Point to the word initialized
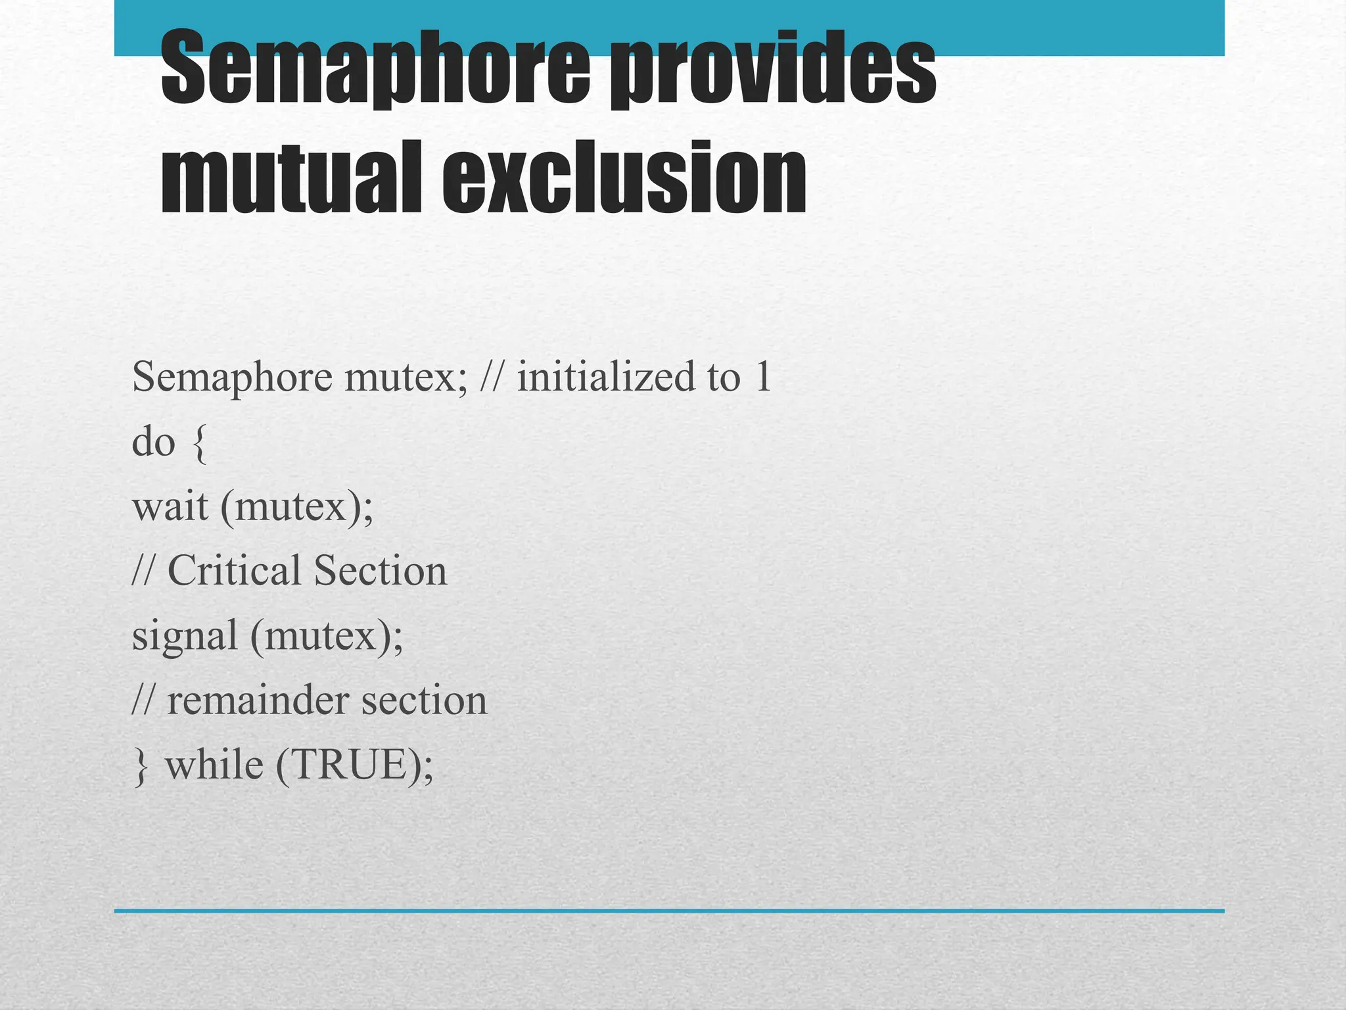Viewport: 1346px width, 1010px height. point(605,377)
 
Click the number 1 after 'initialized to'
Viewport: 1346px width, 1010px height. point(763,377)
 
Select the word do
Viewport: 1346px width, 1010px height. point(154,442)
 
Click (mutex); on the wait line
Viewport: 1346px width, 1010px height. point(296,508)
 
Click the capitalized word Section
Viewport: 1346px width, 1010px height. point(381,570)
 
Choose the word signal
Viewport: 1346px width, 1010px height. point(185,637)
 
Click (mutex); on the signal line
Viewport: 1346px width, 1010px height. point(327,637)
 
